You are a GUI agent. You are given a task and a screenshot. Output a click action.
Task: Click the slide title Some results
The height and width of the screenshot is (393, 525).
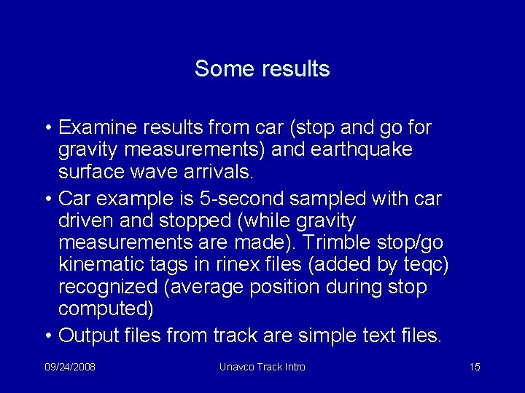coord(262,69)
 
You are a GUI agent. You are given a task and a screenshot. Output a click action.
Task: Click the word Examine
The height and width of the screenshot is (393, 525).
coord(93,128)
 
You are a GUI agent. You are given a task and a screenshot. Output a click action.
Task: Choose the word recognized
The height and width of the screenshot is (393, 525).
coord(108,287)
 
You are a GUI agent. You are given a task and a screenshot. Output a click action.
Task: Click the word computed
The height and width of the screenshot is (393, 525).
coord(105,309)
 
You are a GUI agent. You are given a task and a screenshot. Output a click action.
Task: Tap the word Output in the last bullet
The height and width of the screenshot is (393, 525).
coord(91,336)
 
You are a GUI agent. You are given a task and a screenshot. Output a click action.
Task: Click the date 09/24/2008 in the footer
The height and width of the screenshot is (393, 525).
coord(69,367)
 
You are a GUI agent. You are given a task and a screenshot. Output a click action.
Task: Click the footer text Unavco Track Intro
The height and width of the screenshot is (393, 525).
coord(262,367)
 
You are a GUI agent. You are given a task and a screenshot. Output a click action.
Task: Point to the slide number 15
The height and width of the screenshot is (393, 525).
coord(475,367)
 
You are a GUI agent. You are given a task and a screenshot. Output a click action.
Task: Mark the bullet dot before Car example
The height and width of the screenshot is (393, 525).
coord(47,199)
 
